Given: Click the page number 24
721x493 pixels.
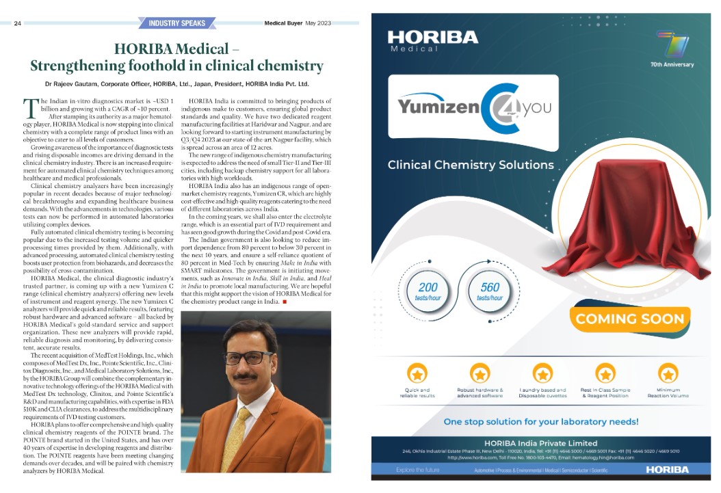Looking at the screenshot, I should pyautogui.click(x=18, y=23).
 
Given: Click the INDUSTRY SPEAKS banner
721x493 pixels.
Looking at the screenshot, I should pyautogui.click(x=177, y=23).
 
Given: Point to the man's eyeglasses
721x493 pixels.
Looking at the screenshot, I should pyautogui.click(x=249, y=357).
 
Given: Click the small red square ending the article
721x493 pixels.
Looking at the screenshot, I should pyautogui.click(x=284, y=302).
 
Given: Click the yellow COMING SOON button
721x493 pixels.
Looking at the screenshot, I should pyautogui.click(x=629, y=319).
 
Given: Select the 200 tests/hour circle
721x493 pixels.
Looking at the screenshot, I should pyautogui.click(x=428, y=292).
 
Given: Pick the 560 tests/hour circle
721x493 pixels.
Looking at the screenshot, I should pyautogui.click(x=490, y=292).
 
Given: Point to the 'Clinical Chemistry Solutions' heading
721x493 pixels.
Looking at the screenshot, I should pyautogui.click(x=471, y=165).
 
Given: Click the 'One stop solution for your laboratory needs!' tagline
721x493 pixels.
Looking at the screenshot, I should pyautogui.click(x=540, y=421).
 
